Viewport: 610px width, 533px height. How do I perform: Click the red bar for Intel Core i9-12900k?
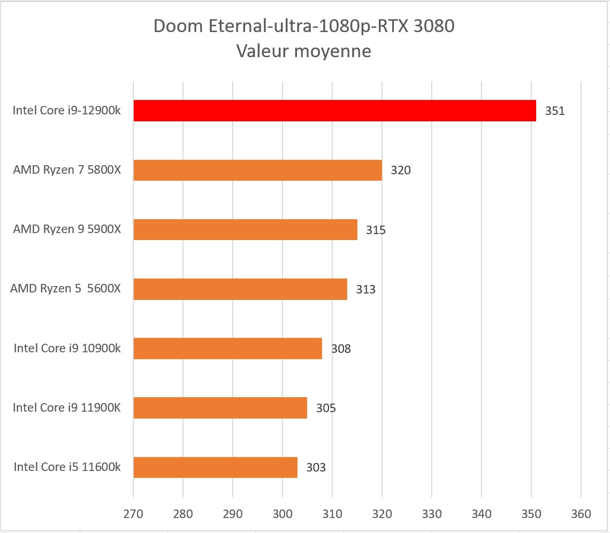point(334,111)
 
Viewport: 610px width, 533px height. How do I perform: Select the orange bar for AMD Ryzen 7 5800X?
point(257,170)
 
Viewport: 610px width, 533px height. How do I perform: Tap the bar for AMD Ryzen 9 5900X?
point(245,229)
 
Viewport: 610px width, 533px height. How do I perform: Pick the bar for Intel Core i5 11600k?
point(215,467)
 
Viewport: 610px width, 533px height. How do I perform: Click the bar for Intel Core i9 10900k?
point(227,349)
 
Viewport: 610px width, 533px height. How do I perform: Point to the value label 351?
point(555,111)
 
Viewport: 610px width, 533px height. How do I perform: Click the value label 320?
point(400,171)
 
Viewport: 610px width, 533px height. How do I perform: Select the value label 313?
point(365,290)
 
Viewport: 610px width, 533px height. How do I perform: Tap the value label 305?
point(326,408)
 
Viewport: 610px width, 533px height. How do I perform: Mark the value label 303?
point(316,468)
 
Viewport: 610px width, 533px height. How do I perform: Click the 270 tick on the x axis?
point(133,514)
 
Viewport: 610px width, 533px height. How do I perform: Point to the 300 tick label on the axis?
point(283,514)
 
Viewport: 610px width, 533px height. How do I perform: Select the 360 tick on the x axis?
point(581,514)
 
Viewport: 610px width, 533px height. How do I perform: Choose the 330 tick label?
point(432,514)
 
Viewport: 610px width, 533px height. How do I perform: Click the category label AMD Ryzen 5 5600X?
point(65,289)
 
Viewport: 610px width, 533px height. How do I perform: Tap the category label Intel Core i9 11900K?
point(67,407)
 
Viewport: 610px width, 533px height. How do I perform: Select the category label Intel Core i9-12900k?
point(67,111)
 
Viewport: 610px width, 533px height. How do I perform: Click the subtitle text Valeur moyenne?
point(303,51)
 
